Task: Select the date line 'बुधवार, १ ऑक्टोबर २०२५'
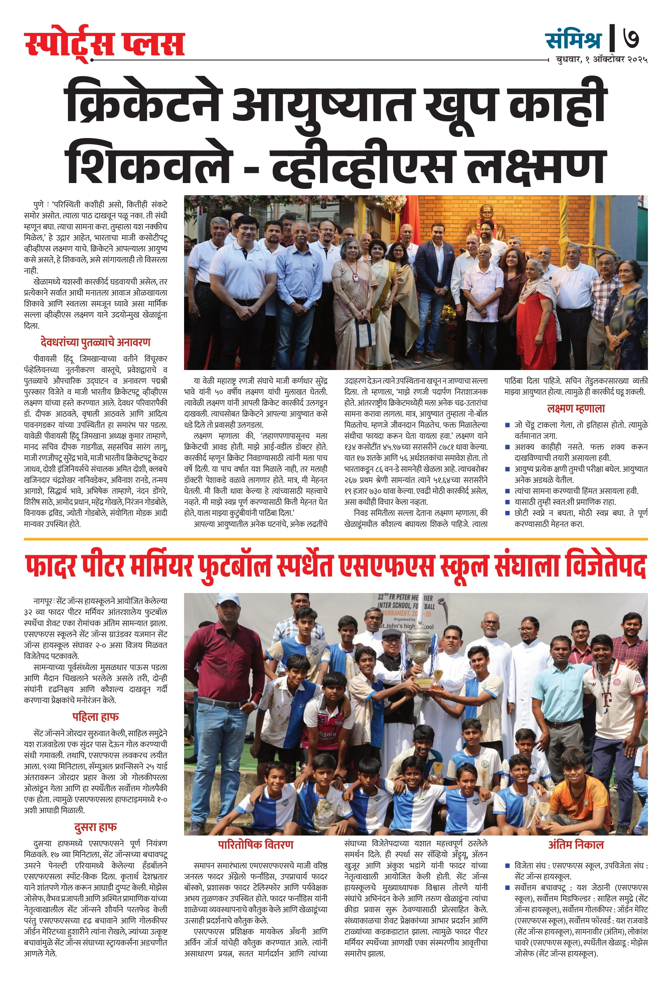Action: click(601, 60)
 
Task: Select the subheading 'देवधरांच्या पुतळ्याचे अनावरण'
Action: click(95, 342)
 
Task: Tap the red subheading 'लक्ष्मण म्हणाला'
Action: click(576, 408)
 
